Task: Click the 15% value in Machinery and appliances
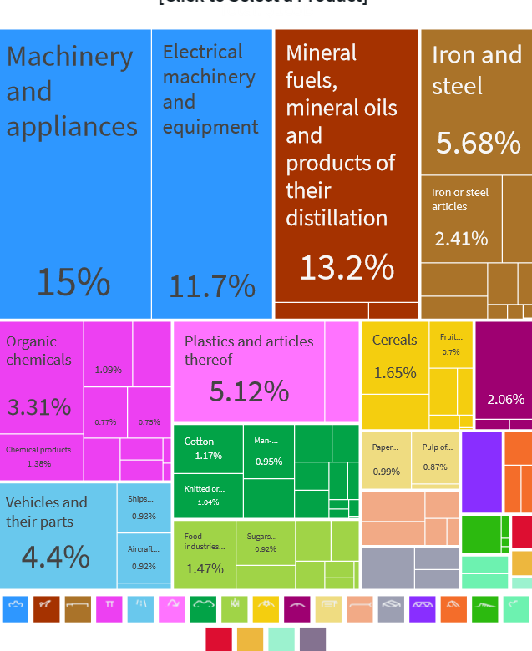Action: click(73, 283)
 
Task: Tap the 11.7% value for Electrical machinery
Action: click(212, 286)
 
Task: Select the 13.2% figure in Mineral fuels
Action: click(347, 267)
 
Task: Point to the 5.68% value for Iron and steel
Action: click(478, 143)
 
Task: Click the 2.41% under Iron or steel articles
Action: click(461, 239)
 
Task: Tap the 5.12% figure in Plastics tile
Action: click(249, 391)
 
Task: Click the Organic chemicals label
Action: click(38, 351)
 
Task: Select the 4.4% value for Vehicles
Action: click(55, 556)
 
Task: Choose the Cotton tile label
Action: click(199, 442)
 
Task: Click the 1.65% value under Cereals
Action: click(394, 373)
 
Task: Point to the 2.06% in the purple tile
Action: click(505, 400)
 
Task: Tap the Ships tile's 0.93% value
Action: click(144, 517)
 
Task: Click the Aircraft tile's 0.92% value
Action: click(144, 567)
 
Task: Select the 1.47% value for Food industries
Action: click(205, 568)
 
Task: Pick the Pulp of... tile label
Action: click(437, 447)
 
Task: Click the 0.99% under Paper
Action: click(386, 472)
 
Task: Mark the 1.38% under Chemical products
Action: click(39, 464)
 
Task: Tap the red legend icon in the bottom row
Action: click(218, 638)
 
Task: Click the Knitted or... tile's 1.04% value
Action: click(208, 502)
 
